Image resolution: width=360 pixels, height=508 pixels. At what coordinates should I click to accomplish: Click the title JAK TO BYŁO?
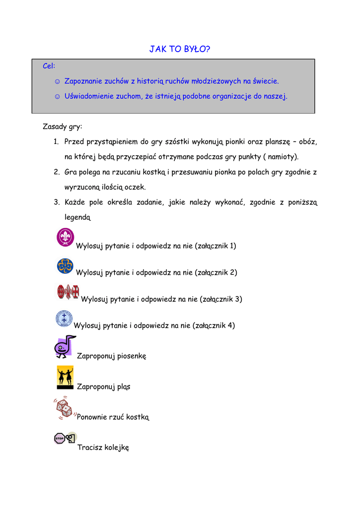point(180,49)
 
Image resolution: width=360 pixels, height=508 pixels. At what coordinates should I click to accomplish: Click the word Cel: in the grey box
point(49,66)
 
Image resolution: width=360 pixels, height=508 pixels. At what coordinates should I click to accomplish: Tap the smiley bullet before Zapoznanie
point(57,81)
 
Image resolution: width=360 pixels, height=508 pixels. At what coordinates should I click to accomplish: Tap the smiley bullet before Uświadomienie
point(57,96)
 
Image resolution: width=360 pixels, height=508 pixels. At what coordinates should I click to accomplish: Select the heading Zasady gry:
point(63,127)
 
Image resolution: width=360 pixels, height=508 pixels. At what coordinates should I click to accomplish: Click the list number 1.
point(56,142)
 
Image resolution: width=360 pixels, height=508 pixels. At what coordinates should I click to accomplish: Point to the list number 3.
point(56,202)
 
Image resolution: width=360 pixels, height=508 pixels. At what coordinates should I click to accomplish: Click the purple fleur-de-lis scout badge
point(66,237)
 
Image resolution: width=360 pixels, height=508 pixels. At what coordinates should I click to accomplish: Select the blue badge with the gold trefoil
point(65,266)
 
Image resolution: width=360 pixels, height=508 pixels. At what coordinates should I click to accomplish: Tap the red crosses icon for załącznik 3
point(68,292)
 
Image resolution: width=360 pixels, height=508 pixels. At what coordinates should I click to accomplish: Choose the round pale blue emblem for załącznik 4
point(64,318)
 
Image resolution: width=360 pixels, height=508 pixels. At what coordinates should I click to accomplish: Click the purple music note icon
point(64,346)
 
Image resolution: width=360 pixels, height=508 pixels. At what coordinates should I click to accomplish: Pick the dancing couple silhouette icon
point(65,378)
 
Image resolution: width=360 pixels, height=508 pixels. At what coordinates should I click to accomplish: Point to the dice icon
point(64,407)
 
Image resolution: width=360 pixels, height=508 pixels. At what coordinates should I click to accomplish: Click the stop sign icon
point(65,438)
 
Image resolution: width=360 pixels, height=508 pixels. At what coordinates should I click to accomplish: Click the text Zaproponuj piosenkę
point(111,356)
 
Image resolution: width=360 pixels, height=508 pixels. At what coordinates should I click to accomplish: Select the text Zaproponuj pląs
point(103,386)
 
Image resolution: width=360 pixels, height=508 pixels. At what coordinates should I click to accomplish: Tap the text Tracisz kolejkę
point(103,447)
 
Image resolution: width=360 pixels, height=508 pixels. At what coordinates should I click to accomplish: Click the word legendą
point(77,217)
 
